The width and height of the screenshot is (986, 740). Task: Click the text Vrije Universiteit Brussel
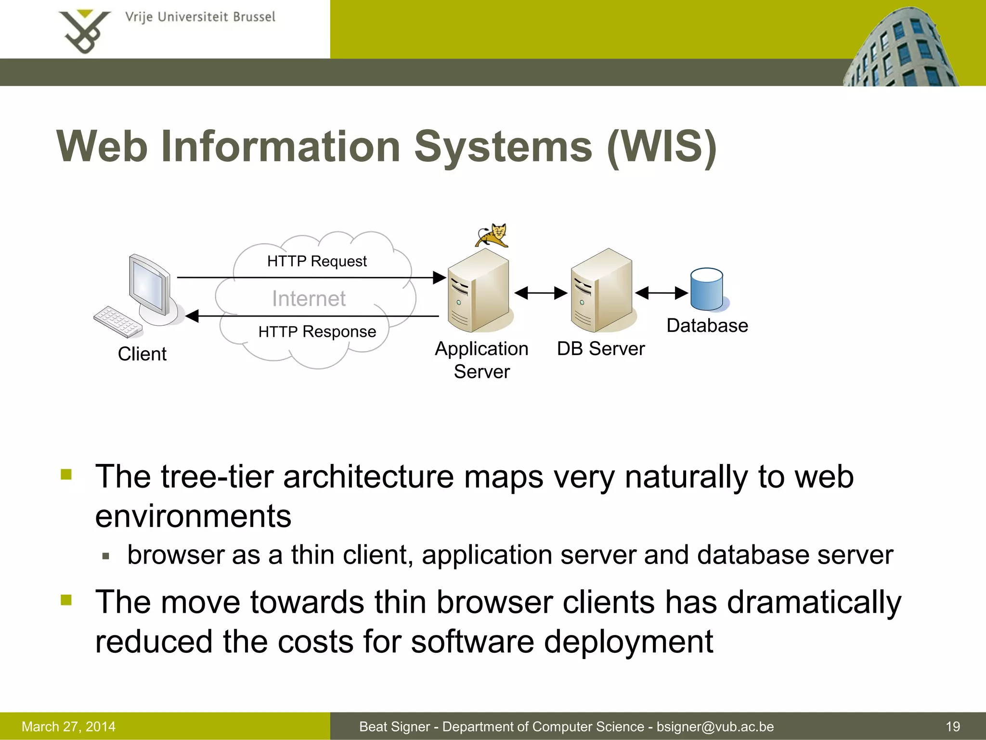coord(200,17)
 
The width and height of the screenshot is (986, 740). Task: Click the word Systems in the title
coord(503,146)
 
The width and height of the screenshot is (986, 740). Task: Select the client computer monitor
coord(150,287)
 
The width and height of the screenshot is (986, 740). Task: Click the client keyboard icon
coord(118,321)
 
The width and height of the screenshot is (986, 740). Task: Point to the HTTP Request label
coord(317,261)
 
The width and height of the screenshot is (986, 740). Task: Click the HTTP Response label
coord(317,331)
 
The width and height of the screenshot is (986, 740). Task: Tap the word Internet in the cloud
coord(309,298)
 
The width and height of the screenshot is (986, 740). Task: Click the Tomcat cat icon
coord(492,235)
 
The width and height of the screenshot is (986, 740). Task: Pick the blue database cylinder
coord(706,289)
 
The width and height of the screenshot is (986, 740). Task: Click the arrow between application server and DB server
coord(541,292)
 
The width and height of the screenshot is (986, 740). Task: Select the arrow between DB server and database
coord(662,292)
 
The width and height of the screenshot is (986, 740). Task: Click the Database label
coord(707,326)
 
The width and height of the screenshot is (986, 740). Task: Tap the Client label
coord(142,354)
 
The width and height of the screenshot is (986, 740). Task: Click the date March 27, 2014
coord(68,727)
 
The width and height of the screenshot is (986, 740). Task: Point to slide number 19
coord(953,727)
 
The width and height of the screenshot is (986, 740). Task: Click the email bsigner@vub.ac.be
coord(715,727)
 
